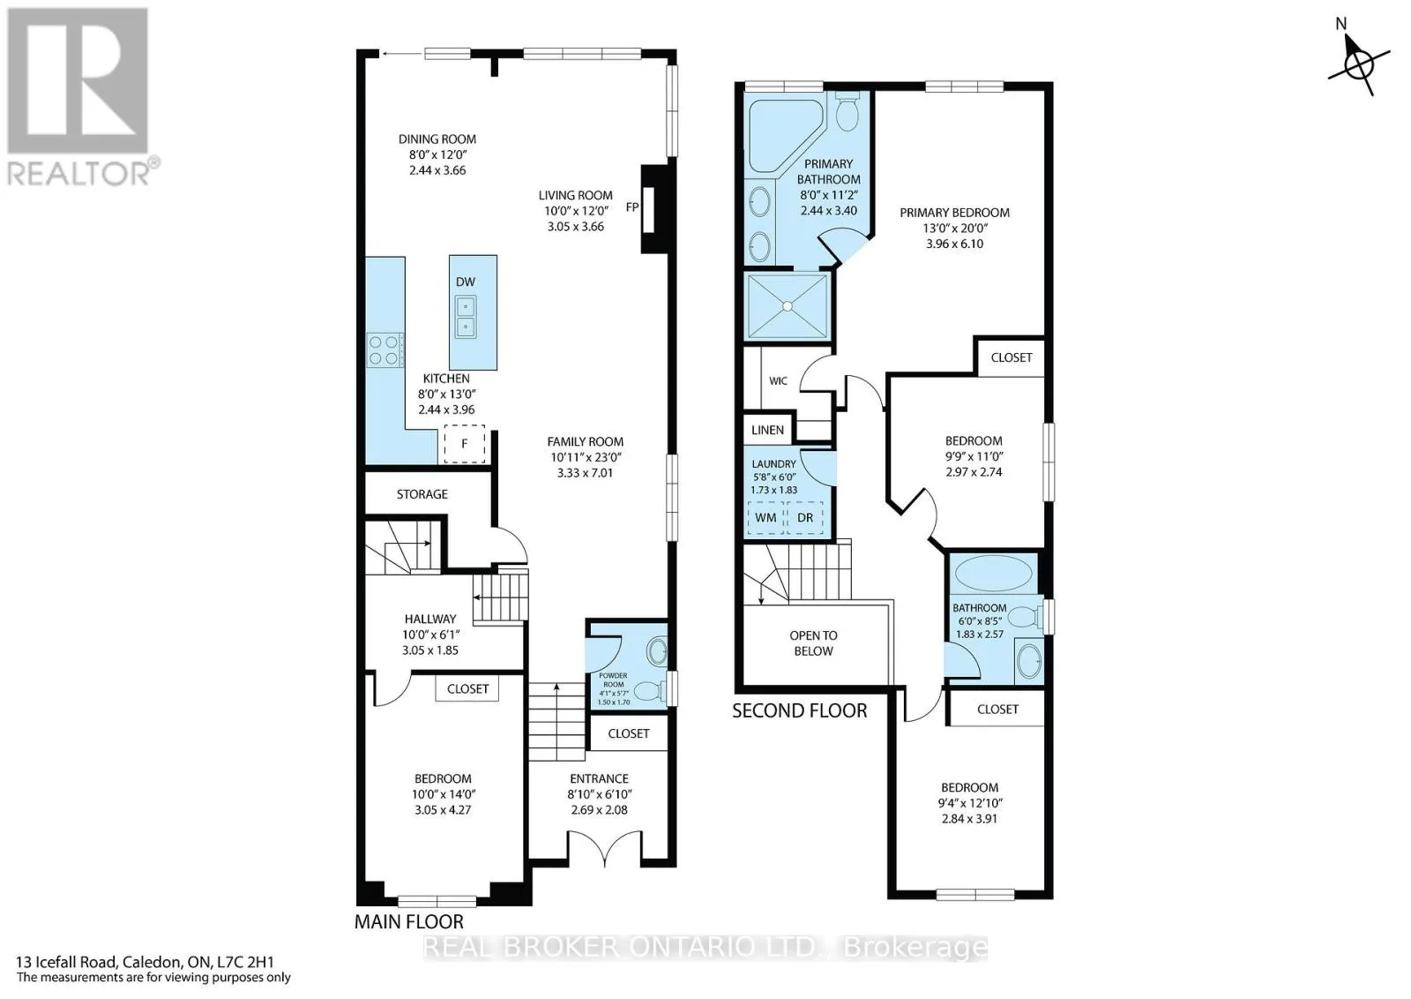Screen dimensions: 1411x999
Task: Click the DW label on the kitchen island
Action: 466,282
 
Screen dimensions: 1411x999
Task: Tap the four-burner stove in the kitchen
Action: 384,350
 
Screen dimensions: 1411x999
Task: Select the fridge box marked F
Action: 464,444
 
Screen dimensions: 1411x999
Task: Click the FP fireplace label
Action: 632,207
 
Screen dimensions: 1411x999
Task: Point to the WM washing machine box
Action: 765,517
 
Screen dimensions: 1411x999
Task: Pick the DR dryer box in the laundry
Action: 805,517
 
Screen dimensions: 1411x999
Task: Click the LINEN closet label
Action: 767,430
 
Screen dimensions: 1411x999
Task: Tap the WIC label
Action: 778,380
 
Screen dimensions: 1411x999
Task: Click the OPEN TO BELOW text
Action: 813,642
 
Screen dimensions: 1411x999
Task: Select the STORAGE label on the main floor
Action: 422,494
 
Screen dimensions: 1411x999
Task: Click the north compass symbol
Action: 1359,64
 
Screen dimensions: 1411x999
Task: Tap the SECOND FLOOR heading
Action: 799,711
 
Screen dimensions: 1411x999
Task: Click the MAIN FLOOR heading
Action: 409,922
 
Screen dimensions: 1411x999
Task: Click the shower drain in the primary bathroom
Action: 787,306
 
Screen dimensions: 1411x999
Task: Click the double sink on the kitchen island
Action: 466,317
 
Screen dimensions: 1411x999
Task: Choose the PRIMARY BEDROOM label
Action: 954,213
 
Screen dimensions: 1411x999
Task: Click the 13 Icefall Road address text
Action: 146,963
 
